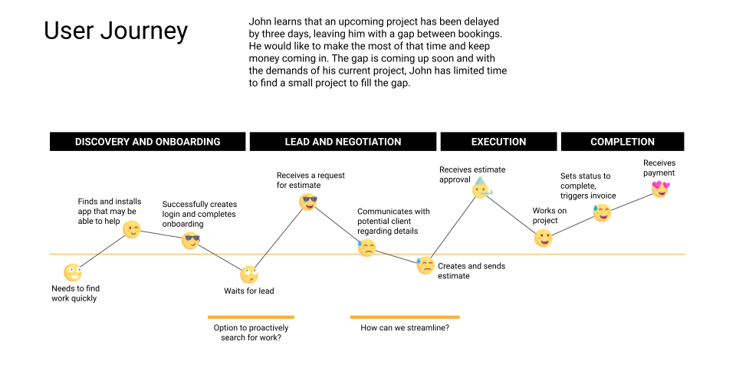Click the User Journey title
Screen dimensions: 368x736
pyautogui.click(x=116, y=31)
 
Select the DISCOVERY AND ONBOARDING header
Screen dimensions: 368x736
pyautogui.click(x=148, y=142)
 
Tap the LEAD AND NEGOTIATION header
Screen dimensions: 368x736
pyautogui.click(x=343, y=142)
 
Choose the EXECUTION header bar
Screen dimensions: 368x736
pyautogui.click(x=498, y=142)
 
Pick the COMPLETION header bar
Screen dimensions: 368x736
pyautogui.click(x=623, y=142)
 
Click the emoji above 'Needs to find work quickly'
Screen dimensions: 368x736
pyautogui.click(x=73, y=272)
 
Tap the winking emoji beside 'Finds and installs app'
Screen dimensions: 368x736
pyautogui.click(x=132, y=230)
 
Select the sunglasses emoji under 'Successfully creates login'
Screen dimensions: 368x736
pyautogui.click(x=191, y=241)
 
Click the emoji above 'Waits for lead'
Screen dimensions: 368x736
pyautogui.click(x=248, y=274)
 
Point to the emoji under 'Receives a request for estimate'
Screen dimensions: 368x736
pyautogui.click(x=308, y=202)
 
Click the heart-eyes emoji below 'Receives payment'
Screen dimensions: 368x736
pyautogui.click(x=659, y=189)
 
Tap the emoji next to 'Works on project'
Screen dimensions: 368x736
pyautogui.click(x=543, y=238)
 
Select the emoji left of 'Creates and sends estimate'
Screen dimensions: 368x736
pyautogui.click(x=426, y=266)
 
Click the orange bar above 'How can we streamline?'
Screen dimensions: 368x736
pyautogui.click(x=405, y=317)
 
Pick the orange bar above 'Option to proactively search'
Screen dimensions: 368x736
pyautogui.click(x=251, y=317)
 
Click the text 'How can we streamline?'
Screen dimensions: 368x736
pyautogui.click(x=405, y=328)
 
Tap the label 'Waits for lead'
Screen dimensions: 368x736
pyautogui.click(x=248, y=291)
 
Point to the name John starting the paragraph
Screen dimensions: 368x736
pyautogui.click(x=261, y=21)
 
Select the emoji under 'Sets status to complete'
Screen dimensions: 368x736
pyautogui.click(x=603, y=214)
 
